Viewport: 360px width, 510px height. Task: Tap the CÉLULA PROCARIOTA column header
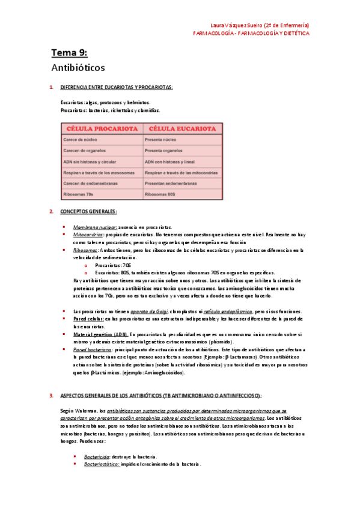[102, 129]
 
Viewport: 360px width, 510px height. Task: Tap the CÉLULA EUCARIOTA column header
[183, 129]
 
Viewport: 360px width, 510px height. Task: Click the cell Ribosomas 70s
[79, 194]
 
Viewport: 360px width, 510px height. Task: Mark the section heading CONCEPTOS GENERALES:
[88, 212]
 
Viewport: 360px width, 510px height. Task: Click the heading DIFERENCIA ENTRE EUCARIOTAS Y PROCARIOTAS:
[116, 88]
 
